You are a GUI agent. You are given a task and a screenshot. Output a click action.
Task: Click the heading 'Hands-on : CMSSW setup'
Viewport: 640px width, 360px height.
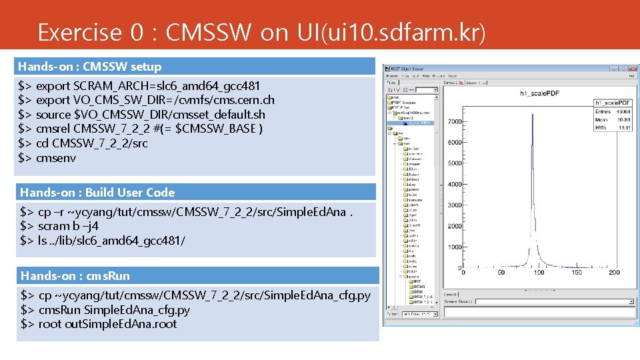tap(89, 67)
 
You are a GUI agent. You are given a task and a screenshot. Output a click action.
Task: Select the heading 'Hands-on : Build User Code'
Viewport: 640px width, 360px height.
tap(97, 193)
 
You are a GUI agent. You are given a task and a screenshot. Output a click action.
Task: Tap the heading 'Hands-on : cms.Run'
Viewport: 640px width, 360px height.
tap(75, 276)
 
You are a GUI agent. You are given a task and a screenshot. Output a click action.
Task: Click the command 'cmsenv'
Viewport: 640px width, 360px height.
tap(56, 158)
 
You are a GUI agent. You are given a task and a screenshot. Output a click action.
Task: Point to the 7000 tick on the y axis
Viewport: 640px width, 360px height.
tap(455, 122)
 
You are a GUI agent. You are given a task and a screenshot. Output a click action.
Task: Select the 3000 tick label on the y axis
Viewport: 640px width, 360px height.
tap(455, 205)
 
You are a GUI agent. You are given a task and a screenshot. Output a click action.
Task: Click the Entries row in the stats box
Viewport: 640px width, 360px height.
tap(613, 111)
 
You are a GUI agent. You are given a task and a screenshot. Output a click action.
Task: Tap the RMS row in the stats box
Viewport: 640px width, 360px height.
tap(613, 127)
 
